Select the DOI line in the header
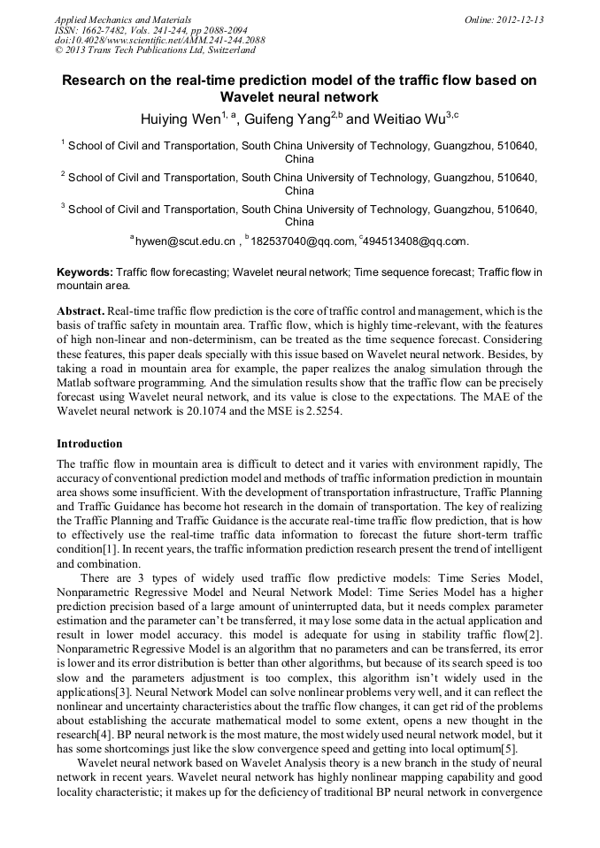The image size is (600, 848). pyautogui.click(x=159, y=40)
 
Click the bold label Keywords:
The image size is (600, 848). pyautogui.click(x=85, y=272)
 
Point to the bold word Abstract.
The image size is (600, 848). pyautogui.click(x=80, y=311)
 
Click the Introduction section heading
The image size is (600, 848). pyautogui.click(x=89, y=443)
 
